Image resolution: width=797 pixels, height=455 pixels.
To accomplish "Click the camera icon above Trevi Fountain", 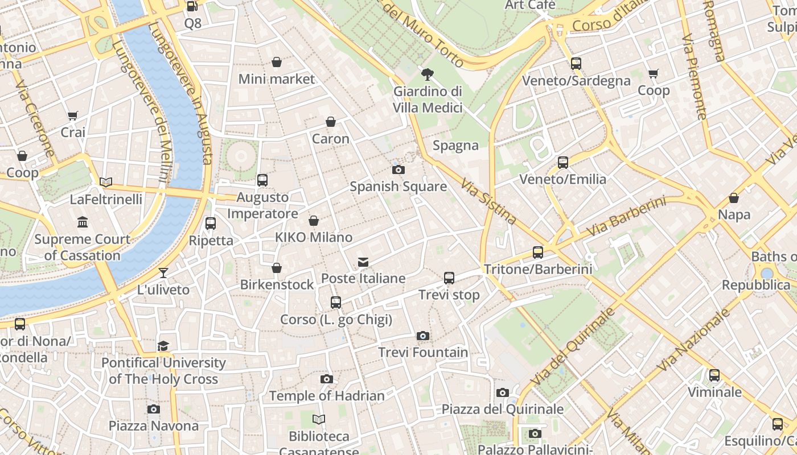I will pyautogui.click(x=422, y=336).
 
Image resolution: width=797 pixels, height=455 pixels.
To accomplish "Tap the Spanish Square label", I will pyautogui.click(x=398, y=187).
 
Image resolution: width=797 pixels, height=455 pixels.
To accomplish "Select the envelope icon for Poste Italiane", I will pyautogui.click(x=363, y=262).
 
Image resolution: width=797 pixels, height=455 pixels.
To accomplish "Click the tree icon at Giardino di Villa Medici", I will pyautogui.click(x=427, y=74).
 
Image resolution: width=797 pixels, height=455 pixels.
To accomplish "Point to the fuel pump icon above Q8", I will pyautogui.click(x=192, y=6).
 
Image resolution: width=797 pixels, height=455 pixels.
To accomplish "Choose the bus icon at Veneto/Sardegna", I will pyautogui.click(x=576, y=64).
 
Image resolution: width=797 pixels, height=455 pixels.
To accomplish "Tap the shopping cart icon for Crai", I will pyautogui.click(x=72, y=116).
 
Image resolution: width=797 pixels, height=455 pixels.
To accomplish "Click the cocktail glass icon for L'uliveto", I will pyautogui.click(x=163, y=273).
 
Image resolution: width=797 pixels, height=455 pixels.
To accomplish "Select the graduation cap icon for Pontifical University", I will pyautogui.click(x=163, y=346).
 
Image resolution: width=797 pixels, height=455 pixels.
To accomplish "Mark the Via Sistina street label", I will pyautogui.click(x=488, y=201).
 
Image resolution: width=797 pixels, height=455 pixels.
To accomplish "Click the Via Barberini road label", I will pyautogui.click(x=626, y=217).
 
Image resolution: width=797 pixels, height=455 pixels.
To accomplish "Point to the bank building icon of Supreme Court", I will pyautogui.click(x=83, y=222).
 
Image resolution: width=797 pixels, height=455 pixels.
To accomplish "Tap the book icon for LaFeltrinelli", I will pyautogui.click(x=106, y=183).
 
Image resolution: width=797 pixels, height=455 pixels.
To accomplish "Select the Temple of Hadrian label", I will pyautogui.click(x=327, y=396).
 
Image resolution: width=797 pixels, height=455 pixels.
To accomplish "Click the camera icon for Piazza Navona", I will pyautogui.click(x=153, y=409).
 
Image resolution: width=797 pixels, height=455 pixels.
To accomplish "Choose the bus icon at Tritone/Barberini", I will pyautogui.click(x=538, y=252).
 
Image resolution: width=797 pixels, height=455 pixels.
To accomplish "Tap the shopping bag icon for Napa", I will pyautogui.click(x=734, y=198).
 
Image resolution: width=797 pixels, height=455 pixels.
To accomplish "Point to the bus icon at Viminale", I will pyautogui.click(x=714, y=375).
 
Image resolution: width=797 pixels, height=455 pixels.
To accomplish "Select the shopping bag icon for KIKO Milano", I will pyautogui.click(x=314, y=221).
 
